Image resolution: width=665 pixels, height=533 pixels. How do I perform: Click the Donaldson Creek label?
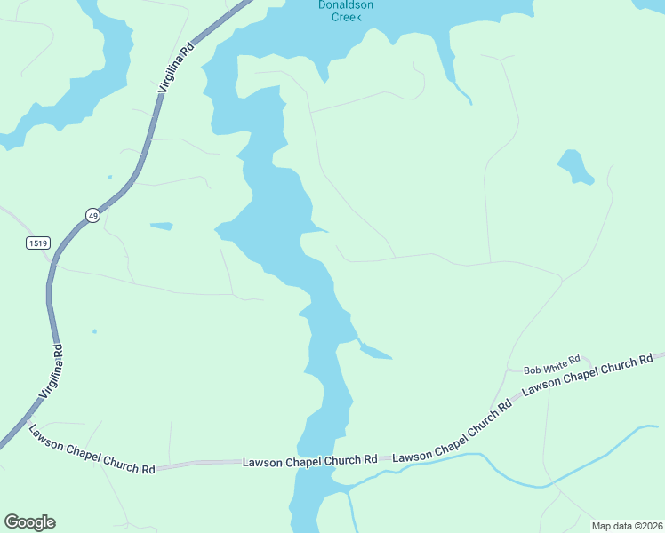346,11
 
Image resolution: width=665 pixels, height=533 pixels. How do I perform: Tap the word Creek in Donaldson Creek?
346,17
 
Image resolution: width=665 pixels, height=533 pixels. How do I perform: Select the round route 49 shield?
92,215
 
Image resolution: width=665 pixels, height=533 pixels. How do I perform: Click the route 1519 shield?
37,243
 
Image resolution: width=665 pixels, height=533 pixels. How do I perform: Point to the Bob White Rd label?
551,364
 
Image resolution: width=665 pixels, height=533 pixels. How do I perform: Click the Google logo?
29,522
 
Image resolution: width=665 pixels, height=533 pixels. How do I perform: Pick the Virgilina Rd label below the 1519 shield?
51,372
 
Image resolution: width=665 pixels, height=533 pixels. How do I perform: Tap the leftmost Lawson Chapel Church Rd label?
92,449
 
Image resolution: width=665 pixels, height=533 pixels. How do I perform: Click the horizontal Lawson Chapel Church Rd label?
310,460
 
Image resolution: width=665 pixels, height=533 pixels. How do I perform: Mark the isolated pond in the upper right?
574,166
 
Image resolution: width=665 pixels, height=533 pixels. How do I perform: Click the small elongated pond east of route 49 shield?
161,226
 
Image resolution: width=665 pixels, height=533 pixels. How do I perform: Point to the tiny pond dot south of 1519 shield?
93,332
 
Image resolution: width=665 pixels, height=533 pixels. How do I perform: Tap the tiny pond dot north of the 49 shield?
110,177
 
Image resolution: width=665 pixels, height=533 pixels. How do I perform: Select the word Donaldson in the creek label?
346,5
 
